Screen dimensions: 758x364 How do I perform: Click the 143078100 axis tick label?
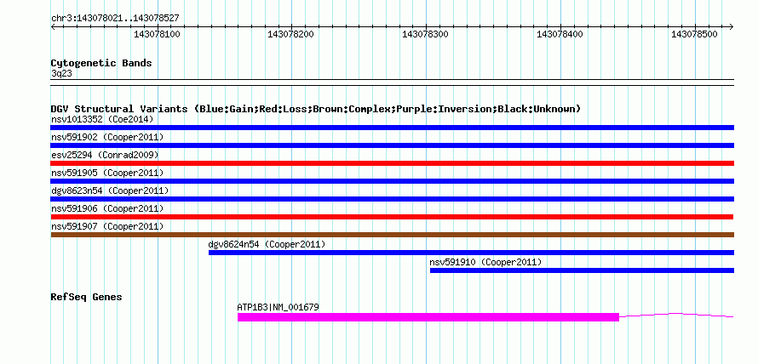[157, 35]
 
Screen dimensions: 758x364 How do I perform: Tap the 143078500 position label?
[695, 35]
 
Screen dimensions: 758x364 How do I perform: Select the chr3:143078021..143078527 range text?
[115, 19]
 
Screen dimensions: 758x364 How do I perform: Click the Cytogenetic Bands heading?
[101, 63]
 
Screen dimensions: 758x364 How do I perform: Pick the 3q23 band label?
[61, 74]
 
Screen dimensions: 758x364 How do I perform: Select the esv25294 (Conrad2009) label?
[105, 155]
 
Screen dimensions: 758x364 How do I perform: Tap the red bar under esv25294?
[392, 163]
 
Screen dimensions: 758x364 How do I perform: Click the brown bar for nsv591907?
[392, 235]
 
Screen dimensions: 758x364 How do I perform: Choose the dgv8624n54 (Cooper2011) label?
[267, 244]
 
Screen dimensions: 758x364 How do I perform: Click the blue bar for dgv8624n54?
[471, 253]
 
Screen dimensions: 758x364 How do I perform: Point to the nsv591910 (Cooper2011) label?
[485, 262]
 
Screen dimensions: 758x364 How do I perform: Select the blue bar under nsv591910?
[582, 270]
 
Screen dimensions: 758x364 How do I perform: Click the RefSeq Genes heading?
[87, 297]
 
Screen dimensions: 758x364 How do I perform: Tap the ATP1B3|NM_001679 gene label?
[278, 307]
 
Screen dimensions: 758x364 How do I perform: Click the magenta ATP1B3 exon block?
[428, 317]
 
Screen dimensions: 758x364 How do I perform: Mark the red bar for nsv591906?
[392, 217]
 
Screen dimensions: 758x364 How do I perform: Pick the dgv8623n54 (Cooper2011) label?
[110, 191]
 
